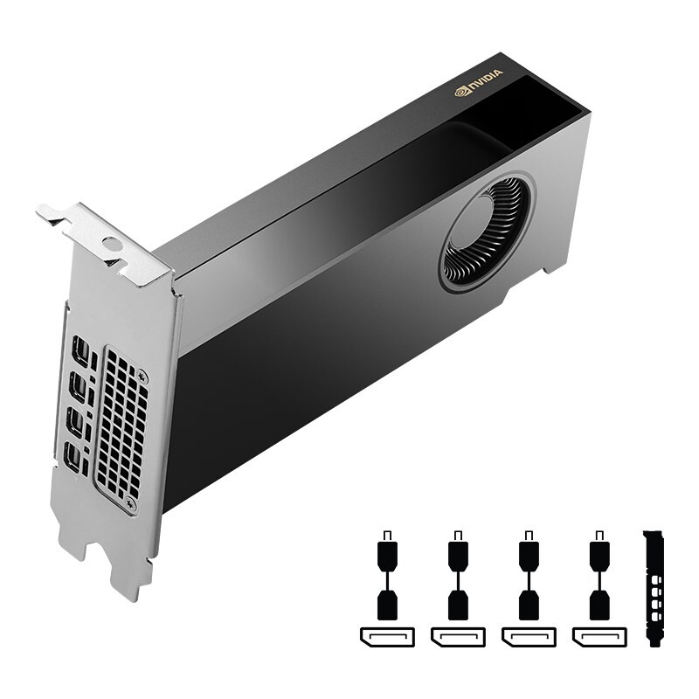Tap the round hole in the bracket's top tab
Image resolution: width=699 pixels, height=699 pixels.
pyautogui.click(x=110, y=245)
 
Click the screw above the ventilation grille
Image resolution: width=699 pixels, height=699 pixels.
pyautogui.click(x=142, y=377)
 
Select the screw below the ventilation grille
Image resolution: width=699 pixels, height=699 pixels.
pyautogui.click(x=131, y=504)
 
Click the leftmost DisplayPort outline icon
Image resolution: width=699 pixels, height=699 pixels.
pyautogui.click(x=386, y=636)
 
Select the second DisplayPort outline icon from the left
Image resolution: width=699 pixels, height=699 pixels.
pyautogui.click(x=457, y=636)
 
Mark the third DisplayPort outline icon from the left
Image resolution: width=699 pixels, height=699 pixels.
pyautogui.click(x=528, y=636)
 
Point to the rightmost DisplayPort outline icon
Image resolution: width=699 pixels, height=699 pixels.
pyautogui.click(x=599, y=636)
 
